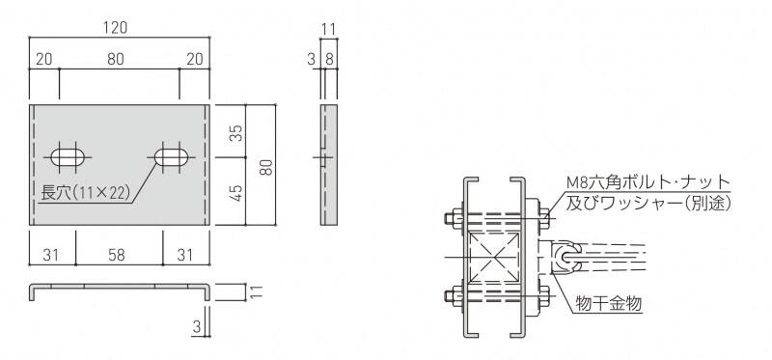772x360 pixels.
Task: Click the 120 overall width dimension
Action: coord(115,29)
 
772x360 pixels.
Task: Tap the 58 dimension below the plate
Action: coord(117,255)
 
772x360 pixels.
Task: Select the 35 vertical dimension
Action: coord(237,133)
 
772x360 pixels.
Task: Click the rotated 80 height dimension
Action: coord(266,166)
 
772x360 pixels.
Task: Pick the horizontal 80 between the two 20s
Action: coord(115,59)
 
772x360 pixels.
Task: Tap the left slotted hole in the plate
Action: coord(68,157)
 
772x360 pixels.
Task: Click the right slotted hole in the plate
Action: coord(172,157)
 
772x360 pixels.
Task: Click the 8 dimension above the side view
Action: coord(329,60)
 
